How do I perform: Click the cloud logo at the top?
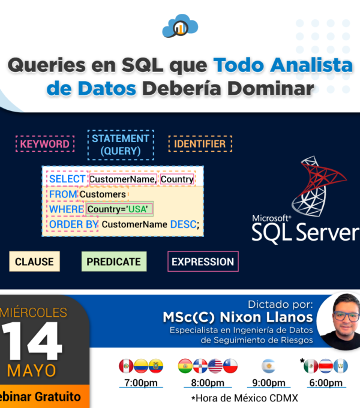180,26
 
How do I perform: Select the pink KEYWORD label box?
45,143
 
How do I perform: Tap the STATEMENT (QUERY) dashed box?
121,145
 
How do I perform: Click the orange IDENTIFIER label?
200,143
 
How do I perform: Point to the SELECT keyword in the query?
67,179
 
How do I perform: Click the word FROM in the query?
63,194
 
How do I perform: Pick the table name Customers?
103,194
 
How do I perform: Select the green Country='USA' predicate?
119,209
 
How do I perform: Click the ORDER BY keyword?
74,224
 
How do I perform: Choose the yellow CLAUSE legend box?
35,262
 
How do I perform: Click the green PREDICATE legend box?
114,262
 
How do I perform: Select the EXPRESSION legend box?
203,262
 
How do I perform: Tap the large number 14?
31,341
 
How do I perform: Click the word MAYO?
31,371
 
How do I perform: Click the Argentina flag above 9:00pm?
269,366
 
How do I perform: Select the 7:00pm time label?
141,383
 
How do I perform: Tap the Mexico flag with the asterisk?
311,366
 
